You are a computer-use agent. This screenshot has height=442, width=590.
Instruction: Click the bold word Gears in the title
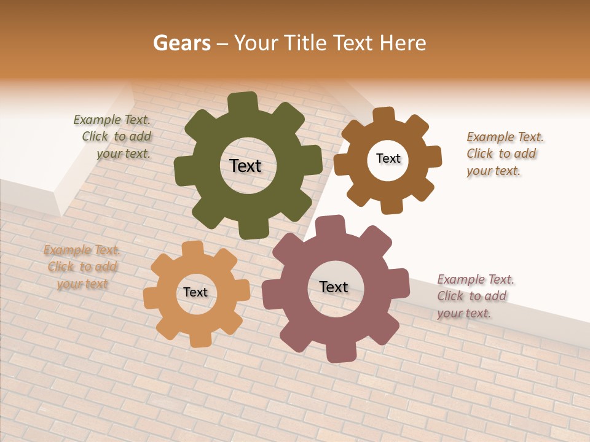[x=181, y=43]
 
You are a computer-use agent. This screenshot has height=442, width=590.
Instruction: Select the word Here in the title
[x=402, y=43]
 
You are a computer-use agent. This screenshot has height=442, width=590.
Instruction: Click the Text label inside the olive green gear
[x=245, y=166]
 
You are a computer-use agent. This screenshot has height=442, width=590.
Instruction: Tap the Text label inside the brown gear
[x=388, y=158]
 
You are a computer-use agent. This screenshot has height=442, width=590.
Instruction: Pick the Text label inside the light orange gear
[x=195, y=292]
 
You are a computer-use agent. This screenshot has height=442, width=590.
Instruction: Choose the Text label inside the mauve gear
[x=334, y=287]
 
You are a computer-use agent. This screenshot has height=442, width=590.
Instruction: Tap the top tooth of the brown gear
[x=383, y=115]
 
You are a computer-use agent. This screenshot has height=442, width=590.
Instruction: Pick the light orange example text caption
[x=82, y=266]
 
